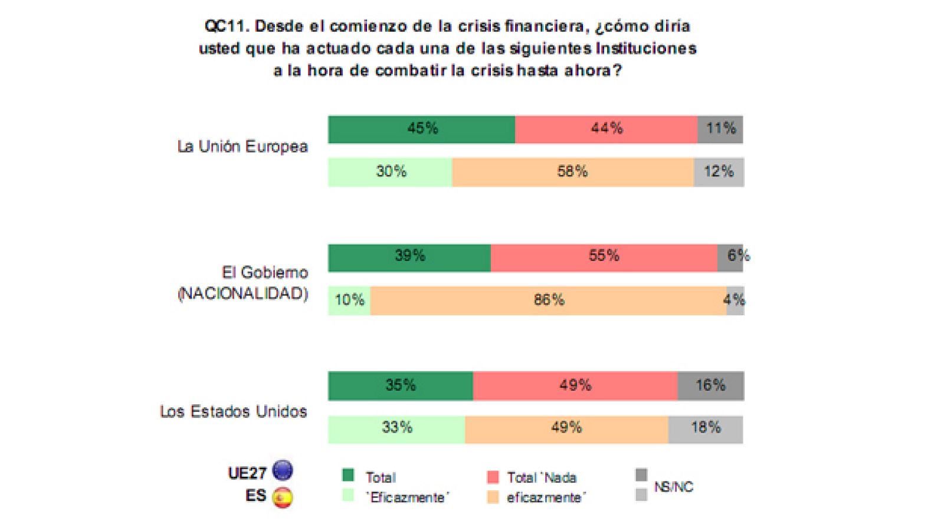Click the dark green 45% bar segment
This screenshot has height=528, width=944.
click(421, 129)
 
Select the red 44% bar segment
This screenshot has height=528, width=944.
click(606, 129)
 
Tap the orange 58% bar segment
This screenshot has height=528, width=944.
click(572, 172)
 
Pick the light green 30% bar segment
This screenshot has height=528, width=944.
click(390, 172)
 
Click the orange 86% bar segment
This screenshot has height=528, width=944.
click(548, 301)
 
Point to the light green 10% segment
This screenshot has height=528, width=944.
click(349, 301)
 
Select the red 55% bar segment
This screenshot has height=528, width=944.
click(604, 258)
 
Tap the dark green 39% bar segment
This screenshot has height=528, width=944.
click(409, 258)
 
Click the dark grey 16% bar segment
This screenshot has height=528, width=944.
click(710, 386)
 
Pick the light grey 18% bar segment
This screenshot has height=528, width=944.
click(706, 428)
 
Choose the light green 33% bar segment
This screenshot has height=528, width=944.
click(396, 428)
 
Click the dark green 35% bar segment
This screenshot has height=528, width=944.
click(400, 386)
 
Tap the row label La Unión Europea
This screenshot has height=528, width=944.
click(242, 147)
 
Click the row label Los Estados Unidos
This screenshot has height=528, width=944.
click(233, 411)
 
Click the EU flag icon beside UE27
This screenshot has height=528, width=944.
click(283, 471)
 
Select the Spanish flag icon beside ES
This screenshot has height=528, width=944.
click(283, 497)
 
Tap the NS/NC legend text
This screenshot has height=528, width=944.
click(673, 487)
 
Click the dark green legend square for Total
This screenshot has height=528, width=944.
click(348, 475)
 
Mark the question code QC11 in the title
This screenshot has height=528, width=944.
click(224, 27)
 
